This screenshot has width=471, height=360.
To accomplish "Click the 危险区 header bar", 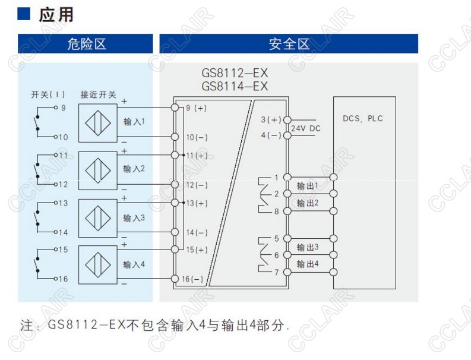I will click(86, 44).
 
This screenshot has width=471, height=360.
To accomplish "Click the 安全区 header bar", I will click(289, 44).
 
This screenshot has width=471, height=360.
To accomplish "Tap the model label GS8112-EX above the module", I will click(235, 74).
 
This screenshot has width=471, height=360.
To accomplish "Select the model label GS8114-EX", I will click(235, 87).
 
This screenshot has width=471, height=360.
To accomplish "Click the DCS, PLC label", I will click(363, 118).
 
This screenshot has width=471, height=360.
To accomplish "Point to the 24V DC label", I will click(306, 128).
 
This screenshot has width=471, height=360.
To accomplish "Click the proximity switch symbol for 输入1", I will click(98, 122).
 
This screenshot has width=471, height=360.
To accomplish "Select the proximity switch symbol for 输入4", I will click(98, 264).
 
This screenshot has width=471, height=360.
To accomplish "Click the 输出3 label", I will click(308, 247).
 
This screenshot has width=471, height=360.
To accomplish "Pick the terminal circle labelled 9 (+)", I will click(175, 108).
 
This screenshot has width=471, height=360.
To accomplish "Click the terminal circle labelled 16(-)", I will click(175, 279).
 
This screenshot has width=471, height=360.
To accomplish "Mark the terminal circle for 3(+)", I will click(287, 120).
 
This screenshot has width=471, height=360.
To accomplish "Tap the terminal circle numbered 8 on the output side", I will click(287, 211).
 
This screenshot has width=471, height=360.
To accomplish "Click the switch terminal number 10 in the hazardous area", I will click(64, 137).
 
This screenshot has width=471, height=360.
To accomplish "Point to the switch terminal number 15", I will click(64, 250).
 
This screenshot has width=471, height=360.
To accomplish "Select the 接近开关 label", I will click(98, 94).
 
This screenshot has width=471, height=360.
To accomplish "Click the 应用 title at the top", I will click(56, 14).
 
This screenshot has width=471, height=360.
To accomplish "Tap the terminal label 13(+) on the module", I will click(197, 203).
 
